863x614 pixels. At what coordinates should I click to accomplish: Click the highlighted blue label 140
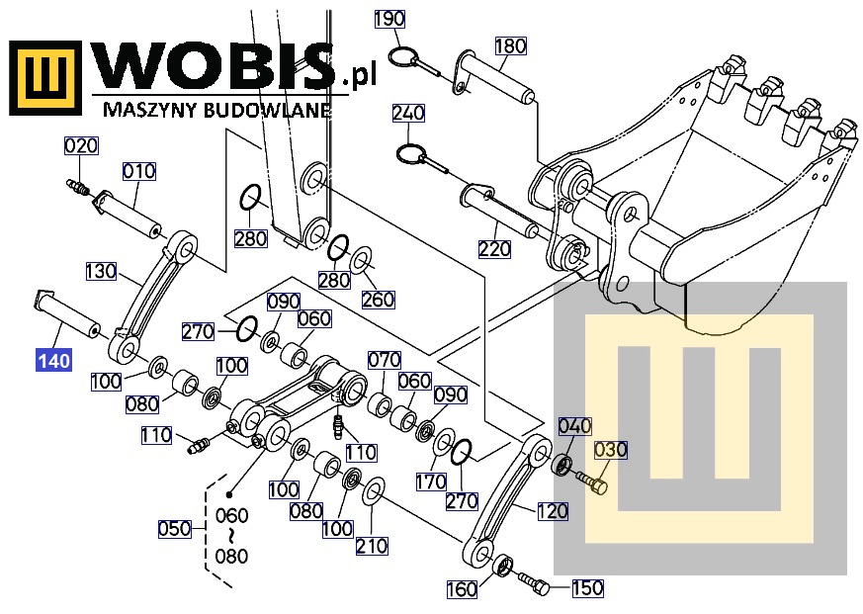(x=53, y=359)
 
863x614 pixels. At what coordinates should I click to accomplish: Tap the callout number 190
(x=389, y=18)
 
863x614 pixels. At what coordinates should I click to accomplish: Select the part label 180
(x=510, y=45)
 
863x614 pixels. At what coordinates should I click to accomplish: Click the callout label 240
(x=407, y=113)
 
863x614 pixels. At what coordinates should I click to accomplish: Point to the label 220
(x=494, y=250)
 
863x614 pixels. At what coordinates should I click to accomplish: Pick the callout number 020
(x=81, y=146)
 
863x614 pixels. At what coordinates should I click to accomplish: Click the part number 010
(x=139, y=171)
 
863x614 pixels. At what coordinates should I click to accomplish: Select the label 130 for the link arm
(x=101, y=270)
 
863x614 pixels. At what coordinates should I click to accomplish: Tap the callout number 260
(x=378, y=299)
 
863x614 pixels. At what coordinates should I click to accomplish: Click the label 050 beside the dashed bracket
(x=174, y=529)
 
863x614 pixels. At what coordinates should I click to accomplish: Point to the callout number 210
(x=372, y=546)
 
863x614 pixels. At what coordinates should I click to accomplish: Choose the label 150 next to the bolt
(x=586, y=588)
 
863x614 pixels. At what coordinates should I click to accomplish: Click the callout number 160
(x=462, y=590)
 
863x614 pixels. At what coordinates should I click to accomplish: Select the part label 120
(x=553, y=511)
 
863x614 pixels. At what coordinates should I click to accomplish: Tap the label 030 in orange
(x=610, y=450)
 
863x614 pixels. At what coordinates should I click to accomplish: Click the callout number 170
(x=430, y=482)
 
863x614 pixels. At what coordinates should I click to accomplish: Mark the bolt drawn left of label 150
(x=533, y=583)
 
